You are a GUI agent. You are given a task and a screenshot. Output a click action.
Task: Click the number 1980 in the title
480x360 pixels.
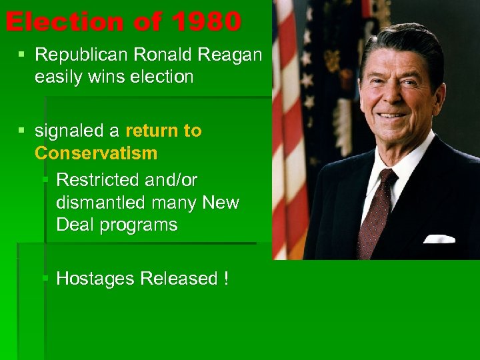pyautogui.click(x=205, y=22)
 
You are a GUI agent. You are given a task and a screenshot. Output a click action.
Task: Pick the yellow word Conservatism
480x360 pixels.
pyautogui.click(x=96, y=153)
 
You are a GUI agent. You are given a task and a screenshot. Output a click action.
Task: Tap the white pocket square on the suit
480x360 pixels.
pyautogui.click(x=439, y=238)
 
